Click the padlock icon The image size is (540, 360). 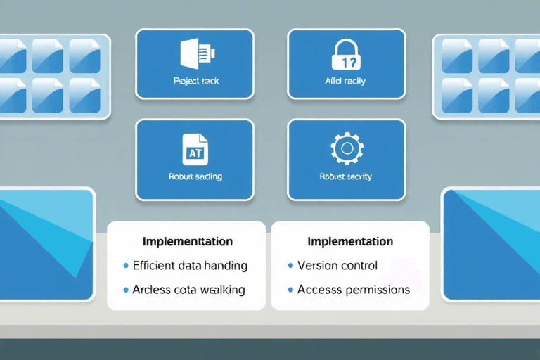pos(346,56)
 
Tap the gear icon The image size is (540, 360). pos(346,148)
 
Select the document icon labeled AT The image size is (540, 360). pos(194,149)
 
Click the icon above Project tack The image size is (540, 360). pos(195,55)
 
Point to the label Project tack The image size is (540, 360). pos(195,81)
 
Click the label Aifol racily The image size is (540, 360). pos(346,81)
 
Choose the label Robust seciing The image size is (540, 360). pos(195,176)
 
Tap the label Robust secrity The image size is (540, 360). pos(346,176)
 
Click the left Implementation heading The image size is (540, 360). pos(187,241)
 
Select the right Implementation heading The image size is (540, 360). pos(349,241)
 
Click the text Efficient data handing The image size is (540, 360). pos(190,266)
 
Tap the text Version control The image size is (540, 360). pos(337,266)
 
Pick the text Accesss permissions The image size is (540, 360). pos(354,289)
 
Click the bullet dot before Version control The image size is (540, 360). pos(290,266)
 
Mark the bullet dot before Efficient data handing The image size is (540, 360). pos(126,266)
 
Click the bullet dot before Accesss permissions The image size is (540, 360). pos(290,290)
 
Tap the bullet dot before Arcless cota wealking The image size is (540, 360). pos(126,290)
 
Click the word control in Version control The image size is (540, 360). pos(358,266)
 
